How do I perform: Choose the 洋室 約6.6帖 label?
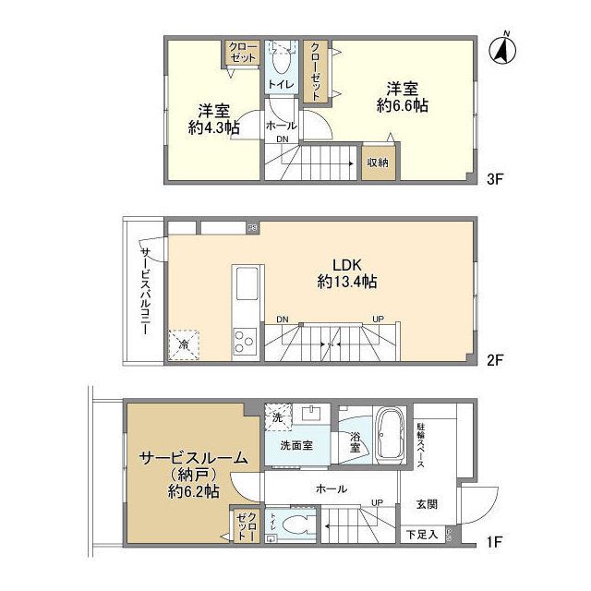click(402, 97)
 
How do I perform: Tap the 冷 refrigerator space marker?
click(184, 344)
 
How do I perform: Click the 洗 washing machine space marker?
click(276, 416)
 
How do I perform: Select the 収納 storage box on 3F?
click(378, 163)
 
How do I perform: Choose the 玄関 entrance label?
click(426, 503)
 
